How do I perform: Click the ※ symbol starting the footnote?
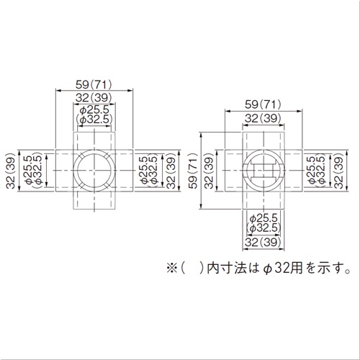pyautogui.click(x=172, y=269)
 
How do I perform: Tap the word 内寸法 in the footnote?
pyautogui.click(x=227, y=269)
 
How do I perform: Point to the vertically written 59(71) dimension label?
pyautogui.click(x=193, y=171)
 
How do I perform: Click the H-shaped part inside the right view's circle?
pyautogui.click(x=264, y=171)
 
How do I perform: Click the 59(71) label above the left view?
pyautogui.click(x=94, y=85)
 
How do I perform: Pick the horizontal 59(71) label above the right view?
pyautogui.click(x=263, y=104)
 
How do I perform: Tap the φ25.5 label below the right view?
pyautogui.click(x=264, y=218)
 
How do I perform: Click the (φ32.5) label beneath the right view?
pyautogui.click(x=264, y=228)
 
